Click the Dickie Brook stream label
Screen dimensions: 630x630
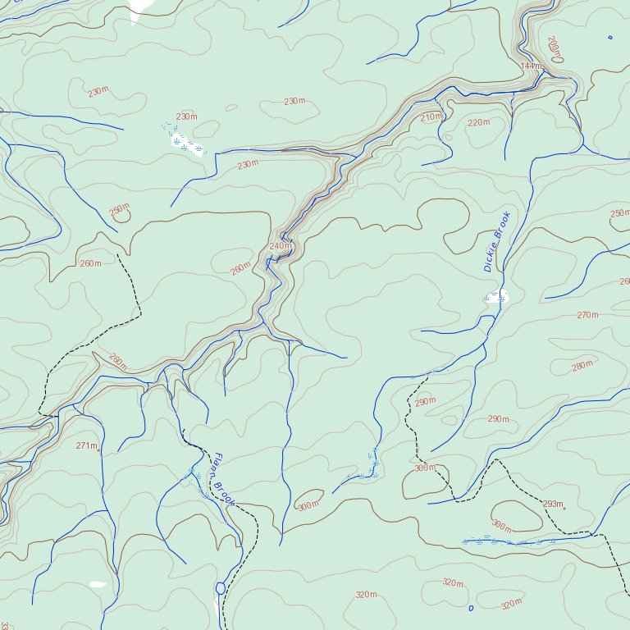pyautogui.click(x=497, y=242)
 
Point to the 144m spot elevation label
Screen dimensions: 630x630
pyautogui.click(x=531, y=66)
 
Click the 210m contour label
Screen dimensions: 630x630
pyautogui.click(x=431, y=117)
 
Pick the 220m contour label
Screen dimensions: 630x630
pyautogui.click(x=477, y=123)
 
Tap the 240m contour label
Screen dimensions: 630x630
pyautogui.click(x=281, y=246)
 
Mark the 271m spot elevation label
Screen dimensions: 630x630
pyautogui.click(x=85, y=445)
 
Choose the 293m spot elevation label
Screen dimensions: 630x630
pyautogui.click(x=553, y=504)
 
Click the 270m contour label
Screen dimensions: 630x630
pyautogui.click(x=587, y=315)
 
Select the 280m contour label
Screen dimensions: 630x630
pyautogui.click(x=582, y=366)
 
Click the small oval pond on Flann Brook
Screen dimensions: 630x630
pyautogui.click(x=220, y=588)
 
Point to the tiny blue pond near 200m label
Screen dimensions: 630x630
pyautogui.click(x=609, y=37)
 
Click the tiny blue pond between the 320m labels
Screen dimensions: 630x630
pyautogui.click(x=470, y=608)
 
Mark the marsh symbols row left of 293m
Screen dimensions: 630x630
pyautogui.click(x=509, y=541)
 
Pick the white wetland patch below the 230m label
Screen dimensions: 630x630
pyautogui.click(x=187, y=144)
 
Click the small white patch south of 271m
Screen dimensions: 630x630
pyautogui.click(x=98, y=584)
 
